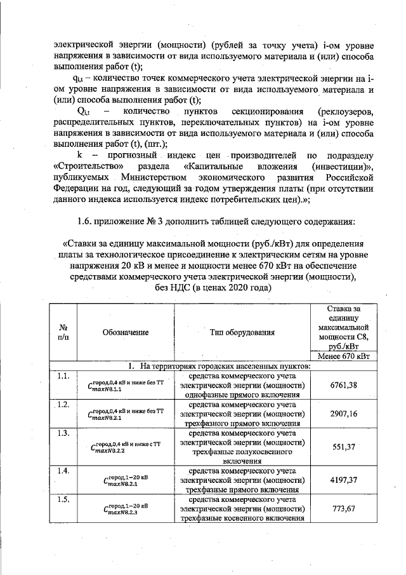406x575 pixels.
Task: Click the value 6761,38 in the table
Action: tap(344, 385)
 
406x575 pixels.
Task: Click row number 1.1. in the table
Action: tap(63, 376)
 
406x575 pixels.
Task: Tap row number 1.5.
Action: tap(63, 499)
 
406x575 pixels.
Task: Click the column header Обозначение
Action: tap(125, 332)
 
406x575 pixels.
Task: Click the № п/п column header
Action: tap(63, 332)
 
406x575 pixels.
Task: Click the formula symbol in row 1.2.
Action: tap(124, 414)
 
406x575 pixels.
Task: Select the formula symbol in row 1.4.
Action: tap(124, 481)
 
